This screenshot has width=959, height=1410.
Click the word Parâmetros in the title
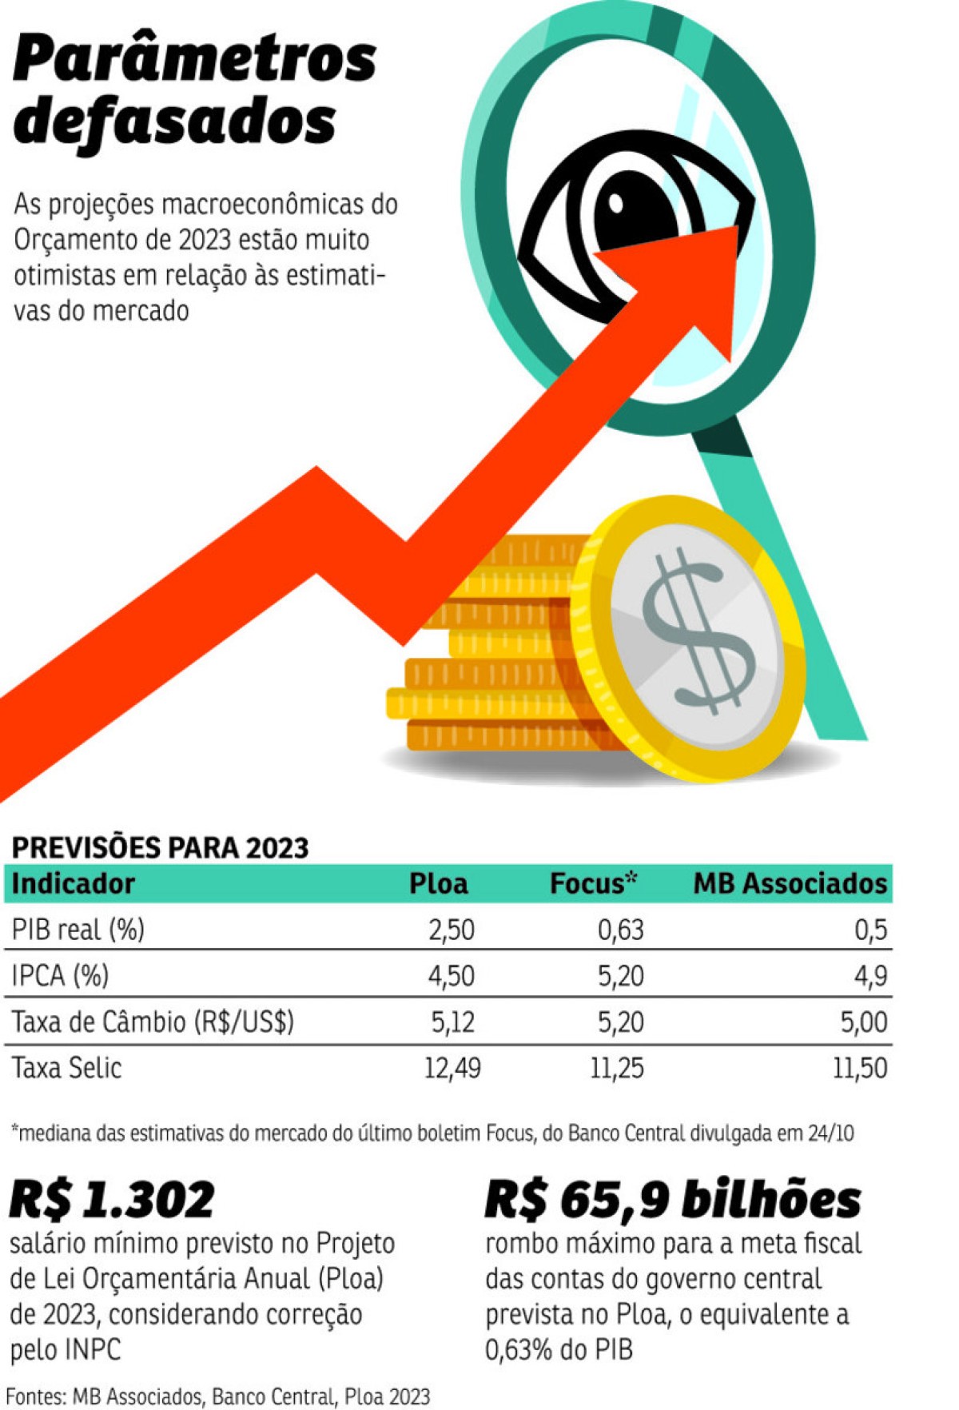point(194,59)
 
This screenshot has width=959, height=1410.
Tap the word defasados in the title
point(174,121)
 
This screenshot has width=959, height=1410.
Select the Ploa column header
point(438,883)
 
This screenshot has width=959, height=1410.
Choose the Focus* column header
point(594,882)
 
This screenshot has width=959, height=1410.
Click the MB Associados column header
point(790,883)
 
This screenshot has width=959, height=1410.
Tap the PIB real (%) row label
point(78,930)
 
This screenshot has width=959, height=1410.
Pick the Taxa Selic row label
point(66,1068)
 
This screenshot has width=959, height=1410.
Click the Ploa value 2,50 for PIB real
point(452,930)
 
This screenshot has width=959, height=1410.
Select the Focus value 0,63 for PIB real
point(621,930)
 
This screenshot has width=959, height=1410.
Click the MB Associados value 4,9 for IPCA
point(870,976)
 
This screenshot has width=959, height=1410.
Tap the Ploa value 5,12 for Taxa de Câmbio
point(452,1022)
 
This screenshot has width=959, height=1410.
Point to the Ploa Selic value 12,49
point(452,1068)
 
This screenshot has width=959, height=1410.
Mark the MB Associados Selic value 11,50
point(860,1068)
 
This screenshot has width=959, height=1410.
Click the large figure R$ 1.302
point(113,1200)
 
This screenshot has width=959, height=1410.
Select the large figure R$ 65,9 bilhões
point(673,1200)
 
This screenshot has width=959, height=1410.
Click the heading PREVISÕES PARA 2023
point(160,847)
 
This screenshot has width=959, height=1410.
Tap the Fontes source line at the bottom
point(218,1396)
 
